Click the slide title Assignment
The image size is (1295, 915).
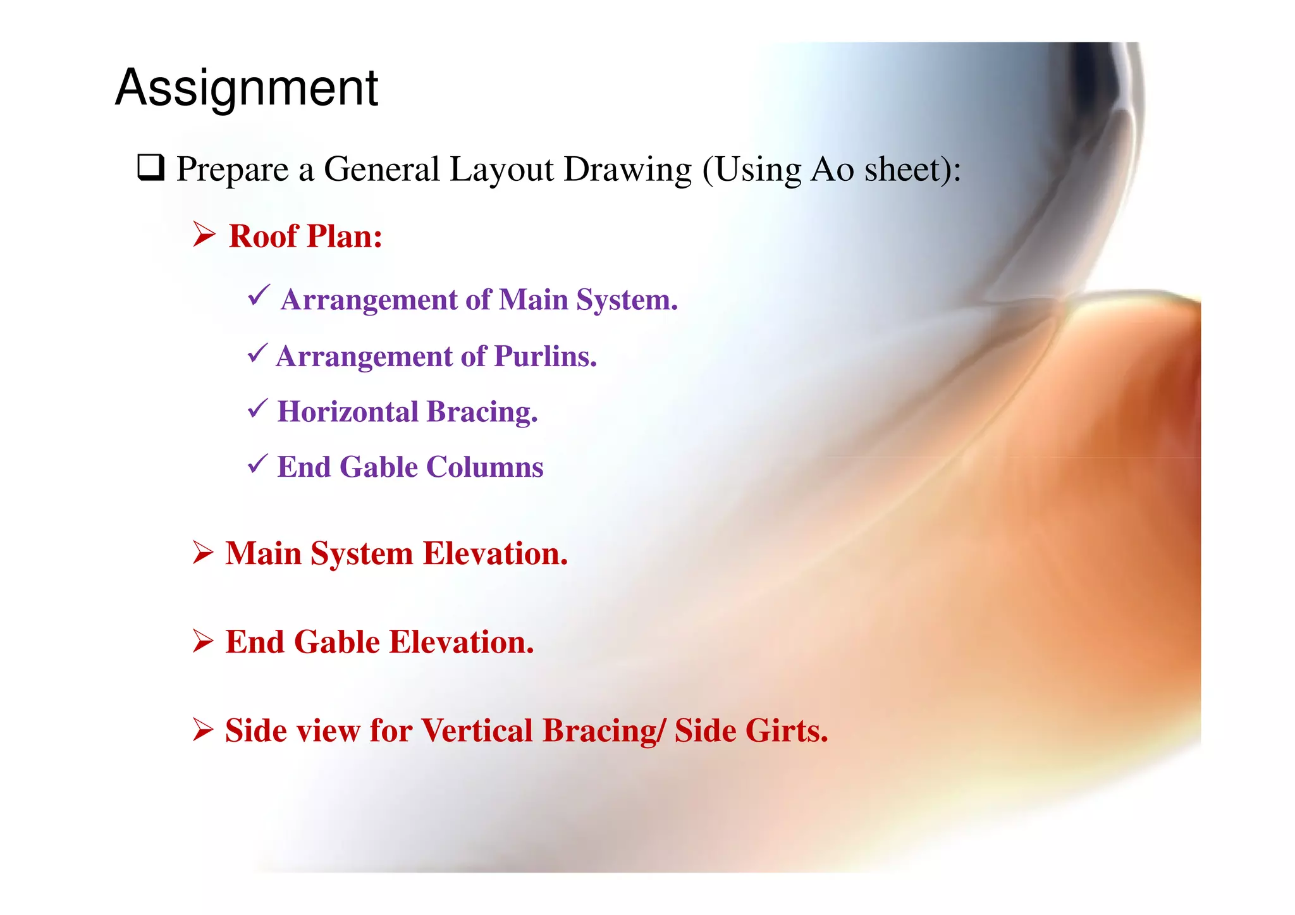(x=247, y=88)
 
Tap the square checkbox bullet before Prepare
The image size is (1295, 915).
(x=151, y=168)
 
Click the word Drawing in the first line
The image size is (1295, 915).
(x=628, y=169)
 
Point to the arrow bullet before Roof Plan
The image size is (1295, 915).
(x=204, y=235)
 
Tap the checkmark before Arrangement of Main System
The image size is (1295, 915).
(x=259, y=295)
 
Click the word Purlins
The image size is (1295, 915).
(x=545, y=357)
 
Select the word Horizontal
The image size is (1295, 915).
(x=348, y=412)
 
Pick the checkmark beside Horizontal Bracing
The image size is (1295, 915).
(x=258, y=408)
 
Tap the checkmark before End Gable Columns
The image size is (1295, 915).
(x=258, y=464)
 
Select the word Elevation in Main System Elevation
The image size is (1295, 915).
(x=495, y=554)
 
